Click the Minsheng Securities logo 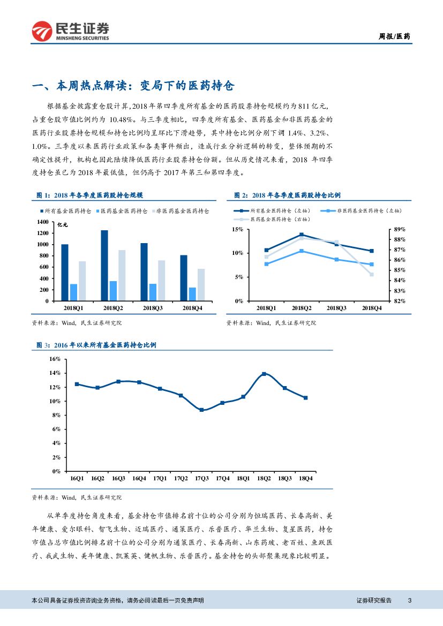click(x=70, y=32)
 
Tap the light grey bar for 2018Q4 click(x=201, y=284)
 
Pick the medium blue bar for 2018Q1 click(x=73, y=292)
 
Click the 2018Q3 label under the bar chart click(x=153, y=308)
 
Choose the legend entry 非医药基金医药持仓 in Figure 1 click(x=182, y=212)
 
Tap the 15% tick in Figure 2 click(x=237, y=229)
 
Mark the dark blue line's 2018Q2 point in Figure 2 click(x=302, y=235)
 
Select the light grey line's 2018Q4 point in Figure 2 click(x=372, y=274)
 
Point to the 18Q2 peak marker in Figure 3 click(x=264, y=374)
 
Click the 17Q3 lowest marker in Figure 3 click(x=201, y=410)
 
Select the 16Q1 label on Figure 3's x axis click(x=77, y=478)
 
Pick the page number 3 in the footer click(x=410, y=600)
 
